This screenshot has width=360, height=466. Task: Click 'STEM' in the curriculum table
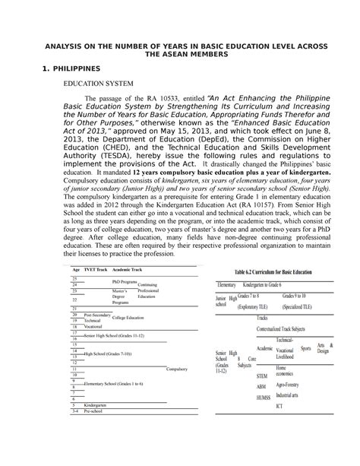click(262, 376)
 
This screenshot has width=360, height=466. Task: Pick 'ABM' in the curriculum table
click(261, 386)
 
